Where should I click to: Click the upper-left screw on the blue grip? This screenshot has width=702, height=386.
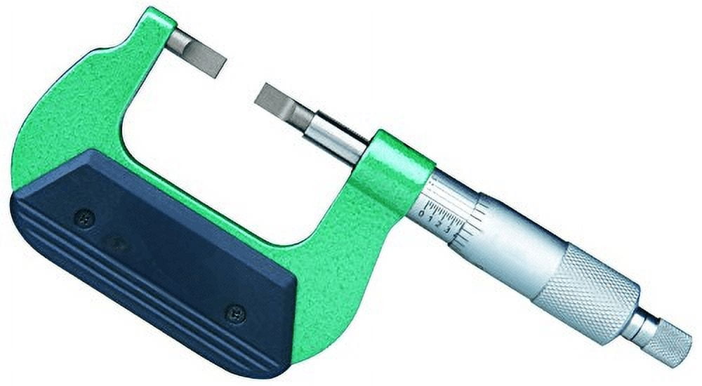[x=85, y=218]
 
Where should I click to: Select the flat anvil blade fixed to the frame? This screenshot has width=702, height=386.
[x=197, y=54]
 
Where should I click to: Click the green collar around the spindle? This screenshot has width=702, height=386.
[x=390, y=168]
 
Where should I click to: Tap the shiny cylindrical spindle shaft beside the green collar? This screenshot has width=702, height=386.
[x=336, y=137]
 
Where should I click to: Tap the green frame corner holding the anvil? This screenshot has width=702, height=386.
[x=151, y=32]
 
